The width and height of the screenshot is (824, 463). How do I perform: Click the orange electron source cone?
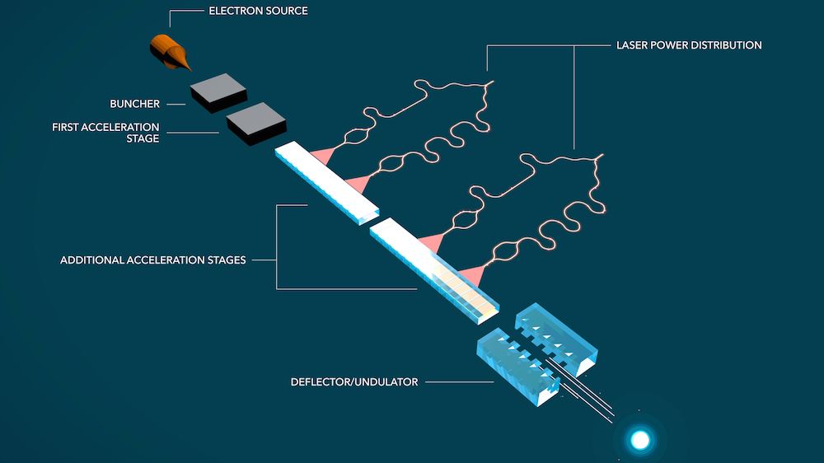tap(169, 52)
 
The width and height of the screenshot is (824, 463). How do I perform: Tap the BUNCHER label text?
tap(134, 105)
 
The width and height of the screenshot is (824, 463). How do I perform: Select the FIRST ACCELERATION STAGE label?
tap(106, 133)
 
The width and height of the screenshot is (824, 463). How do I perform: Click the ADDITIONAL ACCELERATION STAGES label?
tap(153, 260)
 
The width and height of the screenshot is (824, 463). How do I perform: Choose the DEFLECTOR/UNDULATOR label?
tap(354, 382)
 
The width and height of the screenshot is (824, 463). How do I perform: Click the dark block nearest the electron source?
tap(218, 93)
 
